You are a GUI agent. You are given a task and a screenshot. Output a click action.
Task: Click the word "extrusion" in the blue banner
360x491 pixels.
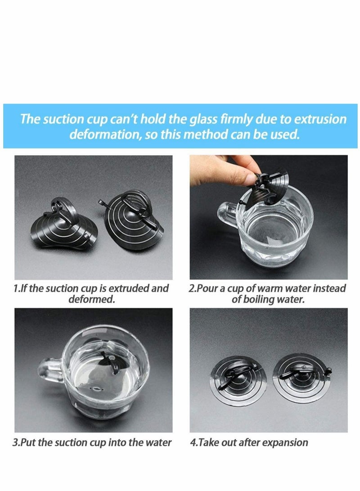[x=320, y=120]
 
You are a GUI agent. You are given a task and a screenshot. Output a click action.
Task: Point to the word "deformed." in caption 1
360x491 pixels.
[x=92, y=299]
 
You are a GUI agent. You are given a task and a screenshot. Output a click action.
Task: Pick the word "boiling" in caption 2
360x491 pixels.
[x=259, y=299]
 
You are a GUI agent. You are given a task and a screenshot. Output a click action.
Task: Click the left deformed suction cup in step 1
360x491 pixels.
[x=64, y=224]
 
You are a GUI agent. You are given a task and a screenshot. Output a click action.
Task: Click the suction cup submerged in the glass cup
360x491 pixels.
[x=109, y=365]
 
